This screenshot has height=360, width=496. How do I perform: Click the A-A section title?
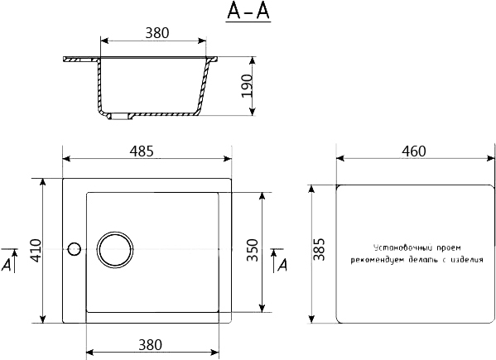pyautogui.click(x=248, y=12)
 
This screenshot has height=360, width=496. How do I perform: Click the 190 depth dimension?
pyautogui.click(x=247, y=85)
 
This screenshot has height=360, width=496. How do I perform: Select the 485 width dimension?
pyautogui.click(x=142, y=151)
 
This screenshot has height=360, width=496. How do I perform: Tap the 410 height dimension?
pyautogui.click(x=36, y=251)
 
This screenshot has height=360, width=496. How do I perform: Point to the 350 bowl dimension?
pyautogui.click(x=253, y=250)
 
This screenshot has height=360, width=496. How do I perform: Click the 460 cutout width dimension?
pyautogui.click(x=414, y=151)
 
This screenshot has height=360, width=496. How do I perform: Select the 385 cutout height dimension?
pyautogui.click(x=319, y=249)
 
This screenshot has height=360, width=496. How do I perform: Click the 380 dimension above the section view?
pyautogui.click(x=157, y=33)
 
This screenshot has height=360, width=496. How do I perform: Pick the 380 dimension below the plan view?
pyautogui.click(x=151, y=345)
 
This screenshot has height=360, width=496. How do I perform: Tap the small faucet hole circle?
pyautogui.click(x=75, y=250)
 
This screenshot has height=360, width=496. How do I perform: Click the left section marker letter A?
pyautogui.click(x=7, y=265)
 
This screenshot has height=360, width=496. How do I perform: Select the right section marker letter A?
pyautogui.click(x=282, y=265)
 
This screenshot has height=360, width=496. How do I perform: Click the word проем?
pyautogui.click(x=449, y=247)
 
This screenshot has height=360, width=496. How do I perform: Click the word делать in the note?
pyautogui.click(x=422, y=260)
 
